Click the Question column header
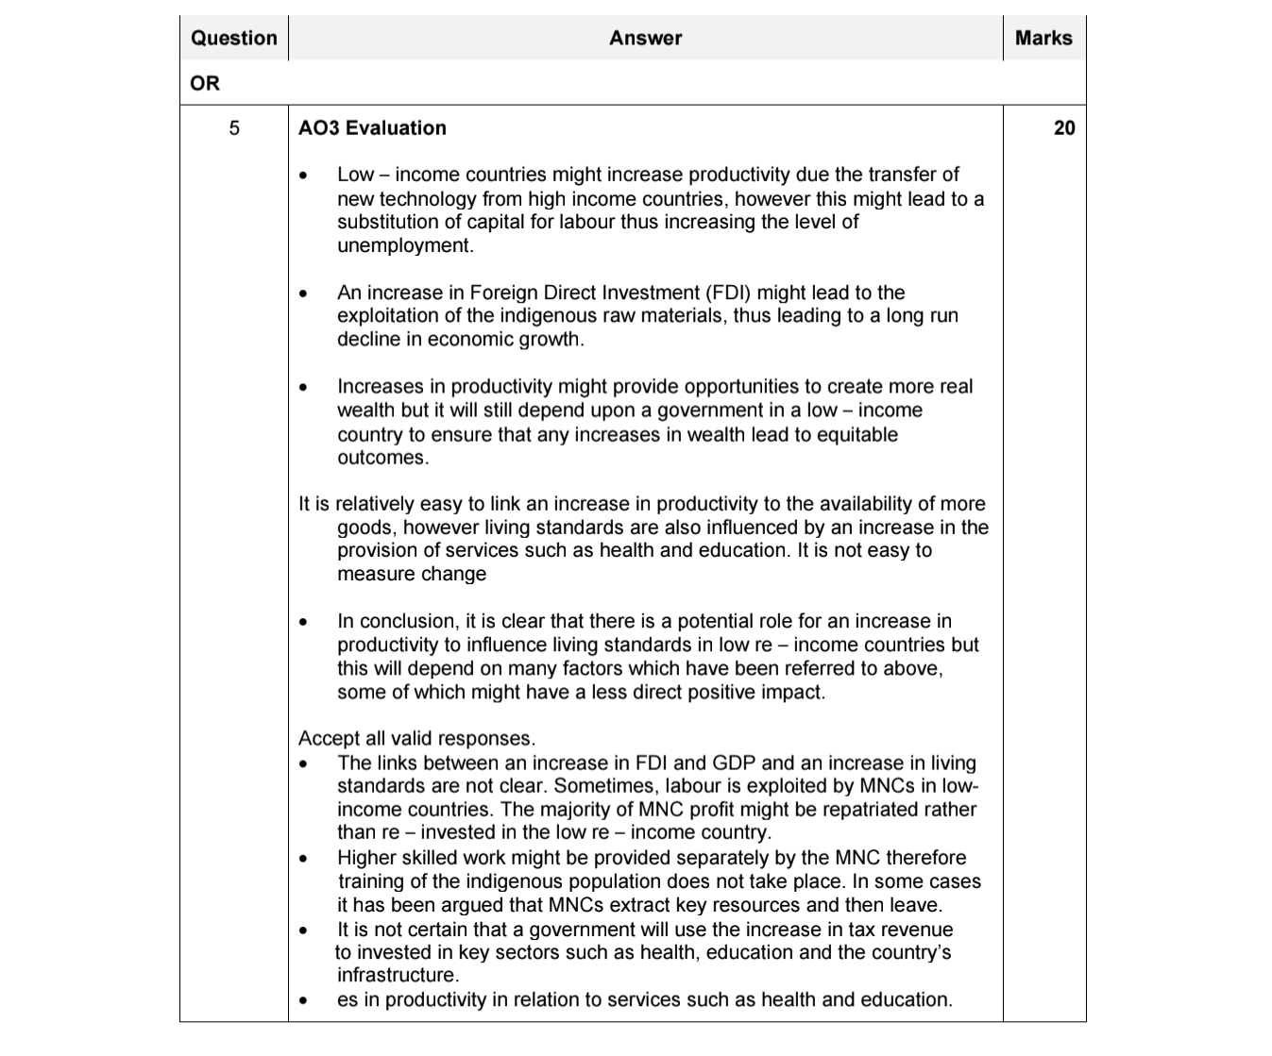pos(233,39)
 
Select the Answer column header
pos(645,39)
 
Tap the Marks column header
pos(1043,39)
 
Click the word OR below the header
pos(205,84)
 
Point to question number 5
pos(234,128)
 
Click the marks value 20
pos(1063,128)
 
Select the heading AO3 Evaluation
pos(372,128)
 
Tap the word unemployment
pos(404,245)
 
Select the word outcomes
pos(382,458)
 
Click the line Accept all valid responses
pos(416,739)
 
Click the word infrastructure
pos(397,976)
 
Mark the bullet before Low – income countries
pos(303,176)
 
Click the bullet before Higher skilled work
pos(303,859)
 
